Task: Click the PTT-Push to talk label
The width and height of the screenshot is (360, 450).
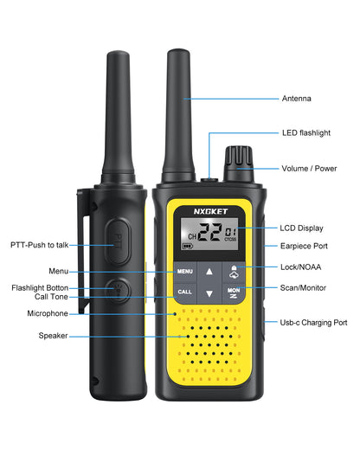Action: click(42, 247)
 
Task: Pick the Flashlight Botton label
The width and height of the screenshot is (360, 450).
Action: click(40, 287)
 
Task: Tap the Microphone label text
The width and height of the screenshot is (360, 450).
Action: click(47, 313)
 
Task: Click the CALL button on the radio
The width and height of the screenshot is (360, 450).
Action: click(185, 292)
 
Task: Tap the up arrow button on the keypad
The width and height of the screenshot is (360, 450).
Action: click(209, 272)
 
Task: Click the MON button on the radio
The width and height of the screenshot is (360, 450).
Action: click(233, 292)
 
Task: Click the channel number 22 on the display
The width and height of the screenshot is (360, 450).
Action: click(209, 232)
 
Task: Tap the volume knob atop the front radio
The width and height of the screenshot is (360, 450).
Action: click(235, 160)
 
